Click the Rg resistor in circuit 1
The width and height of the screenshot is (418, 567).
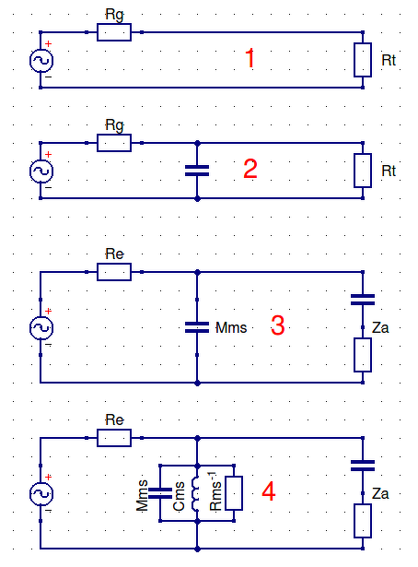point(114,32)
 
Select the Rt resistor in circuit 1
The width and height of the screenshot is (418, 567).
point(363,60)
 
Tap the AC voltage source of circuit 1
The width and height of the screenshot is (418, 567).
point(41,61)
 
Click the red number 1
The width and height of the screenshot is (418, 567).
point(250,58)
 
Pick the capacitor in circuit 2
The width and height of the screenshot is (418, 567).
point(197,171)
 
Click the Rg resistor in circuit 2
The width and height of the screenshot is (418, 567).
point(114,143)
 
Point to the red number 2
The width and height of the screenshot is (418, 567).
point(250,169)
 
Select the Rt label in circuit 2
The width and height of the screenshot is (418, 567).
point(389,171)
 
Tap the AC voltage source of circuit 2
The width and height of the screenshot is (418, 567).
point(41,171)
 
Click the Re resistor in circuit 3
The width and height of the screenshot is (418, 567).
point(114,272)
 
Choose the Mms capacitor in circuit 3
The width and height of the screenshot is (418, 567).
point(197,327)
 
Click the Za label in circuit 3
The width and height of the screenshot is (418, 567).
point(380,327)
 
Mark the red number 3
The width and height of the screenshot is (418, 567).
point(277,325)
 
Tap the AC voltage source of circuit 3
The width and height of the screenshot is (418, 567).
point(41,327)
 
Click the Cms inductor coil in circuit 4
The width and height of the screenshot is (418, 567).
point(195,493)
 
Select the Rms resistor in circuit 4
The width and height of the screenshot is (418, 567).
point(234,493)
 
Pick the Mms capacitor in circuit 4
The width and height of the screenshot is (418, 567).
point(160,493)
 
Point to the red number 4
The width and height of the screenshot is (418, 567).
point(269,491)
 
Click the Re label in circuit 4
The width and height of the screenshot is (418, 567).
point(114,420)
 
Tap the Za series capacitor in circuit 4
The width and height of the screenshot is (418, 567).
point(363,466)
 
